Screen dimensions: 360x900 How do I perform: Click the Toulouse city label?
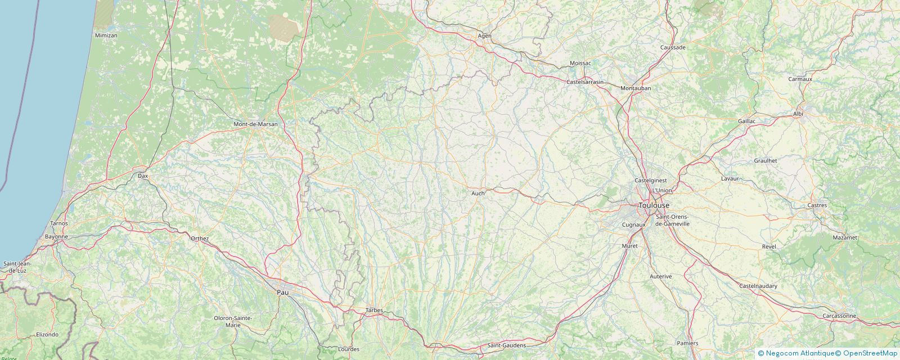(654, 205)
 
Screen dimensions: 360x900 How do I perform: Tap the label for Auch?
(478, 193)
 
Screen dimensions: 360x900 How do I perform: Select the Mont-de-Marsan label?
(256, 124)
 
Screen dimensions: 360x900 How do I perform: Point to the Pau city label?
(282, 292)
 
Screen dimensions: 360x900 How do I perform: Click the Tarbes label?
(374, 310)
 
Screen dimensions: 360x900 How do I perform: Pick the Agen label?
(484, 35)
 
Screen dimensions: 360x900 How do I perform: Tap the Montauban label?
(636, 88)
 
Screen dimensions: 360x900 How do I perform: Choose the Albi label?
(798, 114)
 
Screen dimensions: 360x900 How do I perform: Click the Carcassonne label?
(839, 316)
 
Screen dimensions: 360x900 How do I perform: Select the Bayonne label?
(56, 237)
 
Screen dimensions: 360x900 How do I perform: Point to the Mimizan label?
(106, 35)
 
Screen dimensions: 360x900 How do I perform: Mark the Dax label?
(143, 176)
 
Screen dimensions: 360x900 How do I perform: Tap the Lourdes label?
(349, 349)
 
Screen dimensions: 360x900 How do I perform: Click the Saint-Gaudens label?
(507, 345)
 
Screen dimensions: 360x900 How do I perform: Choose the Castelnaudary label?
(758, 286)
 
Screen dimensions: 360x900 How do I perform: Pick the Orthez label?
(200, 238)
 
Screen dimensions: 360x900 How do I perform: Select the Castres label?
(817, 205)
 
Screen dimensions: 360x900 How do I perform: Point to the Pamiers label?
(687, 343)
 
